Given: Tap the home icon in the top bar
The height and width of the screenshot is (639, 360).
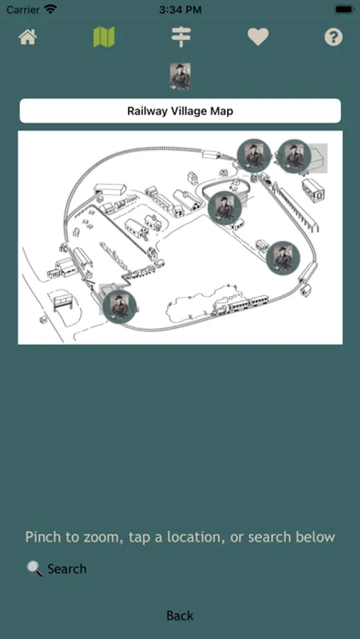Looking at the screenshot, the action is point(28,37).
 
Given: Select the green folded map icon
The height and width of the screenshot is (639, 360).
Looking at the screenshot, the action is point(104,37).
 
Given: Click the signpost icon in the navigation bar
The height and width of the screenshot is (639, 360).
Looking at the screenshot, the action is point(180,37).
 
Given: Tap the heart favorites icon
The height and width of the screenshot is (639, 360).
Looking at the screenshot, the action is point(258,37).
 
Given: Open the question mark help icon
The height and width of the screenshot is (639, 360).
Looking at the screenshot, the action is point(333,37).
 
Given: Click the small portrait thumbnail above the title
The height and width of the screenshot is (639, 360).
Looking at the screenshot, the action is point(180,76).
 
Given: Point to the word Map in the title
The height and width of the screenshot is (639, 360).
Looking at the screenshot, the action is point(222,111).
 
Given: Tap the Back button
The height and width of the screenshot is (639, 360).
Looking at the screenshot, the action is point(180,616).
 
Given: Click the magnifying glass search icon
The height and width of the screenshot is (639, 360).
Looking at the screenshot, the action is point(35,569).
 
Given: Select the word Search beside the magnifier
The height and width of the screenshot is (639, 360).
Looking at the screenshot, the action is point(67,569).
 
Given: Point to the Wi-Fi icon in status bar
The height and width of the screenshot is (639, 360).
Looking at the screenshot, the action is point(50,9).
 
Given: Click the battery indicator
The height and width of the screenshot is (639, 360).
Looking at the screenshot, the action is point(344,9).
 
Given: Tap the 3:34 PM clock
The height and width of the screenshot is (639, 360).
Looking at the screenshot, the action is point(180,10).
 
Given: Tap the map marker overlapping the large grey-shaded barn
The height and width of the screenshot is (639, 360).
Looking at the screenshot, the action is point(294,156).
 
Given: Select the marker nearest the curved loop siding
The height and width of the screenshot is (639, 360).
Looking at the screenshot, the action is point(224,208).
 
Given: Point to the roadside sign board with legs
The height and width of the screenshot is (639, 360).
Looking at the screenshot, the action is point(62,302).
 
